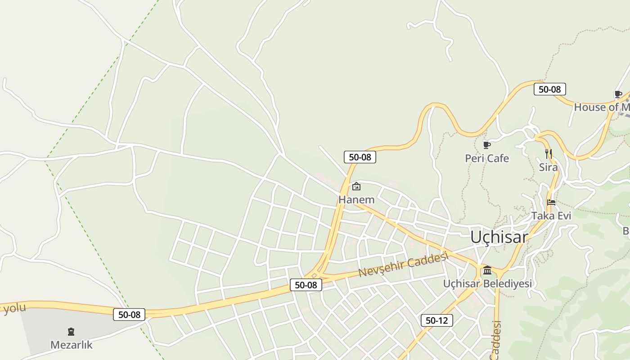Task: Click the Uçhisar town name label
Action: pos(499,237)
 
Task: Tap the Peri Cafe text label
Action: pos(487,158)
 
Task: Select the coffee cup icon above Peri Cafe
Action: pos(486,145)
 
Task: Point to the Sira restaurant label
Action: pos(548,167)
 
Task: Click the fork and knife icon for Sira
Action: pos(548,154)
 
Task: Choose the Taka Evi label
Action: pos(551,216)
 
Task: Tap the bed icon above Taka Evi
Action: pos(551,202)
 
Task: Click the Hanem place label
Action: pos(356,199)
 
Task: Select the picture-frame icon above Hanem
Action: pos(356,186)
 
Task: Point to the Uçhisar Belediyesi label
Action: pos(487,283)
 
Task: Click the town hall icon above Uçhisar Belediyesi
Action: pos(487,270)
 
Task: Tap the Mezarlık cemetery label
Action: pos(71,345)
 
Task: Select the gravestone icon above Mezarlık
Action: pos(71,332)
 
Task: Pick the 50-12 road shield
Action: pos(436,320)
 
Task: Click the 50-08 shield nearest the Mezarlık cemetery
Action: pos(129,315)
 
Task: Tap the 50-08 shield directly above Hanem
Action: pos(360,157)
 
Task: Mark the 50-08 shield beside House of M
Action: pos(549,89)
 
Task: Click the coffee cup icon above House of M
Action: pos(618,94)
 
